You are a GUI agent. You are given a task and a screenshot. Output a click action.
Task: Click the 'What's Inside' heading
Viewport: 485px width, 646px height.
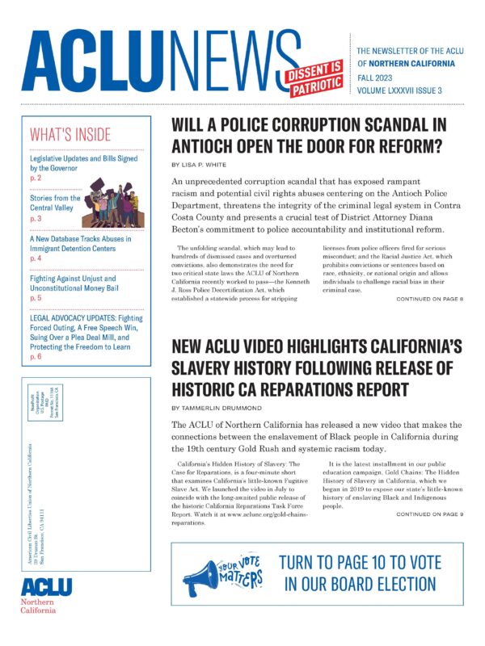(x=70, y=135)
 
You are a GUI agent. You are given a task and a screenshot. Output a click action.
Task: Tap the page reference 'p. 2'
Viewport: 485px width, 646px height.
(x=36, y=177)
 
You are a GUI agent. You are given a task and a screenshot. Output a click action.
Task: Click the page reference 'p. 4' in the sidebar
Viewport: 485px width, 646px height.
(x=36, y=258)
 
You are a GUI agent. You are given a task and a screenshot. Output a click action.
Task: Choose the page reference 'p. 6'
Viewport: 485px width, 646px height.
(x=36, y=356)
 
